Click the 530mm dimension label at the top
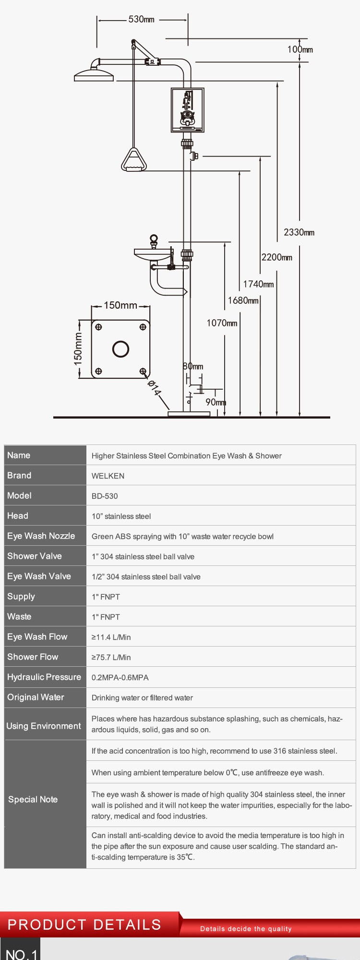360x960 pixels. (x=142, y=20)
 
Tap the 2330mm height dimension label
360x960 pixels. (x=299, y=232)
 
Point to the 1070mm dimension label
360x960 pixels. (x=222, y=323)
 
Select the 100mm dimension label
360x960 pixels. (x=300, y=49)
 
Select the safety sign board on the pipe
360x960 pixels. (x=188, y=110)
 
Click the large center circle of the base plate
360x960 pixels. (x=121, y=349)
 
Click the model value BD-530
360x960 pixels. (x=105, y=496)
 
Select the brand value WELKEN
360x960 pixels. (x=108, y=476)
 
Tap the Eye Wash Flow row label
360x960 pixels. (x=37, y=636)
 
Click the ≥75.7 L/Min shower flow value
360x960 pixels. (x=111, y=658)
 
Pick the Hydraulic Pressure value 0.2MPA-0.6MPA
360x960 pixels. (x=120, y=678)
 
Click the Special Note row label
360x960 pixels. (x=33, y=799)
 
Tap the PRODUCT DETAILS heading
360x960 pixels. (x=84, y=924)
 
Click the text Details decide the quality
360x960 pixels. (x=246, y=929)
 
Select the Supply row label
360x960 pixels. (x=21, y=597)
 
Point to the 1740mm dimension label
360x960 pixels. (x=258, y=284)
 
